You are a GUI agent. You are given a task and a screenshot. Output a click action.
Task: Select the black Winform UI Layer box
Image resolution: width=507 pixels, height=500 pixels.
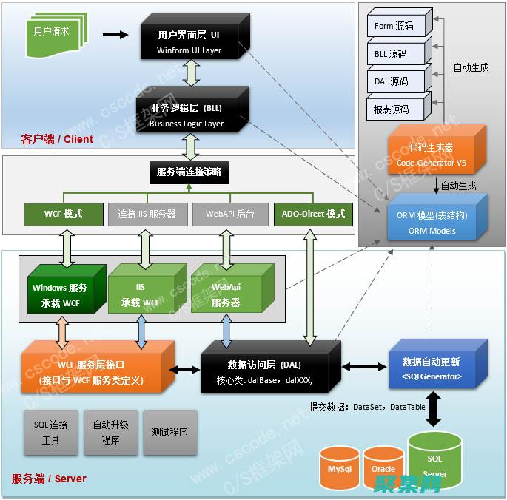pos(189,42)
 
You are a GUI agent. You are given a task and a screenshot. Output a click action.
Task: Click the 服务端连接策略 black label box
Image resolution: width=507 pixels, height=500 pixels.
pos(189,173)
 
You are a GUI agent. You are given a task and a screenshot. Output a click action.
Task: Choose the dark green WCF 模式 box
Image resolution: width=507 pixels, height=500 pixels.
pos(63,214)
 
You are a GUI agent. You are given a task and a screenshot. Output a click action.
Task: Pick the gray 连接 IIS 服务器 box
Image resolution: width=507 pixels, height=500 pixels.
pos(147,214)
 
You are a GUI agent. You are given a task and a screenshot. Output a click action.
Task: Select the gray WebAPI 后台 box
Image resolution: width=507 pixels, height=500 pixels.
pos(230,214)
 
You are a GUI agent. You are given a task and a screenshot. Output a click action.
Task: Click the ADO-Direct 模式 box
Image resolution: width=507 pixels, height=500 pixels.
pos(313,214)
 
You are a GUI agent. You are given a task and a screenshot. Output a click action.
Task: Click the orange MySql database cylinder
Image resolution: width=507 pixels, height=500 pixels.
pos(339,468)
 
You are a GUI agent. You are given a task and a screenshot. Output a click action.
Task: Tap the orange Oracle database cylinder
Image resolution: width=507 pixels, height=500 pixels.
pos(383,468)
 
